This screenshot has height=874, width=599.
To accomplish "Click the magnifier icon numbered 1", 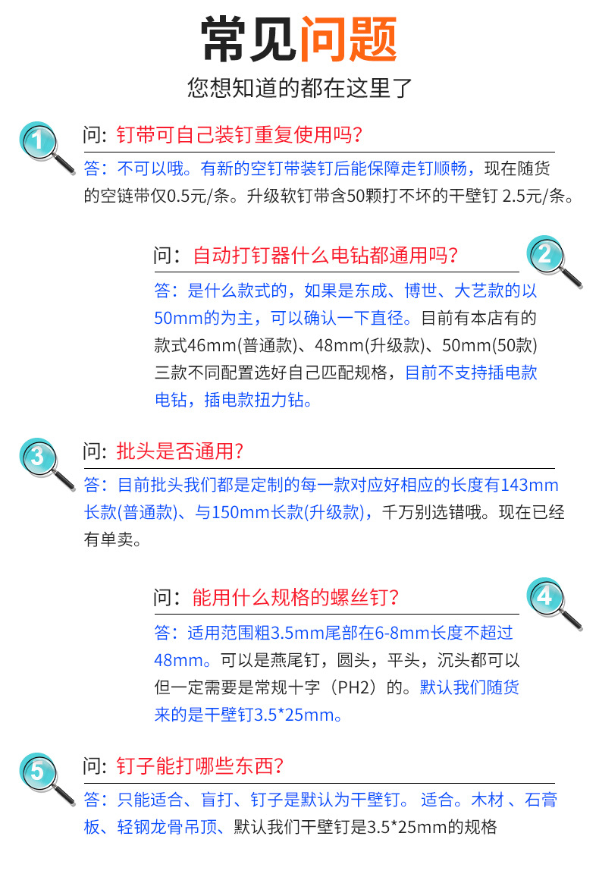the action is [42, 142].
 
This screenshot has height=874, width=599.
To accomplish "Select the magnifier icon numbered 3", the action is [42, 458].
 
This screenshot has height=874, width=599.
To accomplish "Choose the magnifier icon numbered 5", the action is [42, 773].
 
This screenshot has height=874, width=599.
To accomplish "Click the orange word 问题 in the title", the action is [348, 39].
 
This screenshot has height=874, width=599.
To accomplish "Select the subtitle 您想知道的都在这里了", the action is [299, 88].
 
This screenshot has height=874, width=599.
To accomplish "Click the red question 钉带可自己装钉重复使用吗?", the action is [240, 136].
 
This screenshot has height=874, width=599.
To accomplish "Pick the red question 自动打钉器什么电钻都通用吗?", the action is [326, 255].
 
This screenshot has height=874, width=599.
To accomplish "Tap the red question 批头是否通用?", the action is [180, 452].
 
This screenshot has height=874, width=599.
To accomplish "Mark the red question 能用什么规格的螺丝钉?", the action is [296, 597].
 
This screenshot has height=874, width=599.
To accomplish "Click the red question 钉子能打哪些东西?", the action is [200, 766].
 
